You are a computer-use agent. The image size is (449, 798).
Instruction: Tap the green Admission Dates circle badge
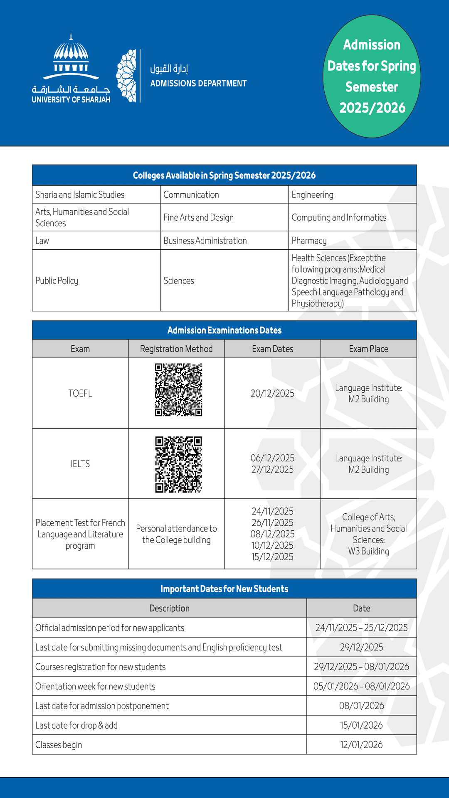coord(372,76)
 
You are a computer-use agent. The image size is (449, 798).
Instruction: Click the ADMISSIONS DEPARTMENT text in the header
coord(198,84)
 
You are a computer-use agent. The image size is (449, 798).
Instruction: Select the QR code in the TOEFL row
coord(178,390)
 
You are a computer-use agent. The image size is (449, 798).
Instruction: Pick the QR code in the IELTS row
coord(178,464)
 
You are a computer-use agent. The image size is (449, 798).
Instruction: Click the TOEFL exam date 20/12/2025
coord(272,394)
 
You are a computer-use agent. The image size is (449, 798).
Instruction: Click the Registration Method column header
coord(176,349)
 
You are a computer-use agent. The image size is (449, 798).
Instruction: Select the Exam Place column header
coord(368,349)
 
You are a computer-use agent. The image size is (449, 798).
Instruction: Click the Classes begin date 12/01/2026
coord(361,745)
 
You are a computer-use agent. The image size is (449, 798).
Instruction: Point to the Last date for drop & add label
coord(76,725)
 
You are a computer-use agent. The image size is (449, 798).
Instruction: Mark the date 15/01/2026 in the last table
coord(361,725)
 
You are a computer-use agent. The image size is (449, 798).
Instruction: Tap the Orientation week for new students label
coord(95,686)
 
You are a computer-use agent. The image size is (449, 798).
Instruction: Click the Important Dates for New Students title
coord(224,589)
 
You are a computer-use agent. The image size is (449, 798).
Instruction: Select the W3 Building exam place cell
coord(368,534)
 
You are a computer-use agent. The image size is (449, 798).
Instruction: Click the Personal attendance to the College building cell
coord(176,534)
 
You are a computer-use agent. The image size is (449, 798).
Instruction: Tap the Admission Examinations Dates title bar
coord(224,330)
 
